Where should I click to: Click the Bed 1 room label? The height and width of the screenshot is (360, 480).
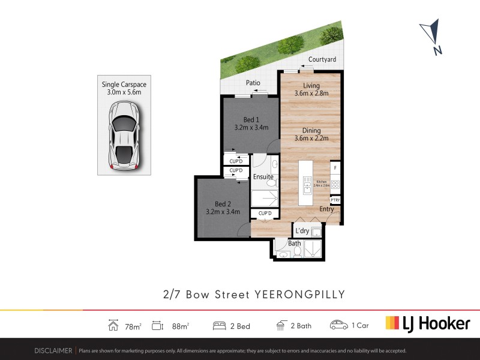pos(250,123)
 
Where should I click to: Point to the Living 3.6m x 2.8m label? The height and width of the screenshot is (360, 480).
pos(311,89)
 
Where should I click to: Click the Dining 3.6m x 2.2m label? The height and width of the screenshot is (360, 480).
pos(311,134)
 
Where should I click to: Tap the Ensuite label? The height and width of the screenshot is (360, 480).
pos(263,177)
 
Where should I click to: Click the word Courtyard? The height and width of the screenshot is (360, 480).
pos(322,59)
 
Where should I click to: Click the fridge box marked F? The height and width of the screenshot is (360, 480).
pos(335,167)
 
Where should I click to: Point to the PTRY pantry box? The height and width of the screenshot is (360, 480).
pos(335,200)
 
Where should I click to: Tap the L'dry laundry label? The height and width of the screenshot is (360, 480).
pos(302,231)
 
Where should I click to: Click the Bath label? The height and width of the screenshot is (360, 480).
pos(294,244)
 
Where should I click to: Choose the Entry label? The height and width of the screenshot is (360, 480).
pos(326,209)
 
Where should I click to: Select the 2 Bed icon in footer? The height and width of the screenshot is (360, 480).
pos(219,326)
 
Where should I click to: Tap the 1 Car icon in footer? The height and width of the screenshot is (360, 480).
pos(339,325)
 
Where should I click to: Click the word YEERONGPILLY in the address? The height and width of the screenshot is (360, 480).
pos(300,294)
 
